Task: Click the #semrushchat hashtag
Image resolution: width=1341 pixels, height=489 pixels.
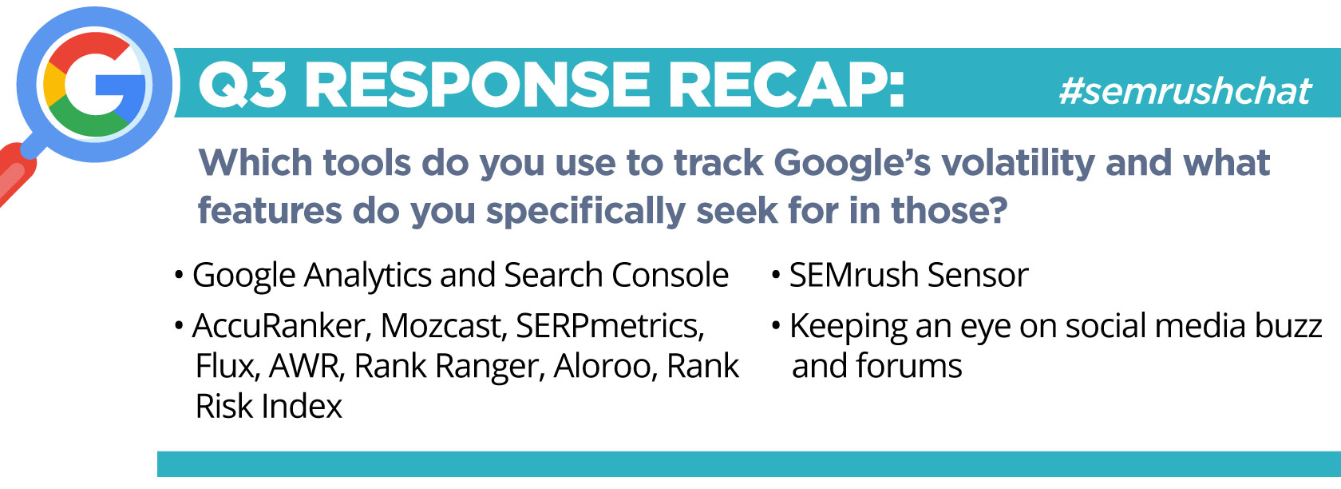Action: point(1185,92)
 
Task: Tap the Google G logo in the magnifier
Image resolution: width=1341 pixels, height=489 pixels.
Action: point(94,84)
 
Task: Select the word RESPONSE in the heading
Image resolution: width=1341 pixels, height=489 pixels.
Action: point(477,85)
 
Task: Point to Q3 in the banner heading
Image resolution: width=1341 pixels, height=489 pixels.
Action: point(243,85)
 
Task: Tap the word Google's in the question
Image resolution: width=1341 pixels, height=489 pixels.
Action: point(852,164)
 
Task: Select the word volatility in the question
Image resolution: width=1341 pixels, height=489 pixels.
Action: point(1018,164)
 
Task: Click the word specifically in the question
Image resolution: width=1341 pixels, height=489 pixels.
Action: point(585,213)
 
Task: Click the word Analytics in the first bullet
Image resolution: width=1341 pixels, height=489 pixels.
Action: point(367,276)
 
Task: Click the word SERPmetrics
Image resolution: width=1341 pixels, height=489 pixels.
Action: point(610,327)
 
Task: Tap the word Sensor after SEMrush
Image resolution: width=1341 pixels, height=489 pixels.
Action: point(978,276)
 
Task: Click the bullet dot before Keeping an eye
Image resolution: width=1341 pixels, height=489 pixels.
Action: point(776,327)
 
